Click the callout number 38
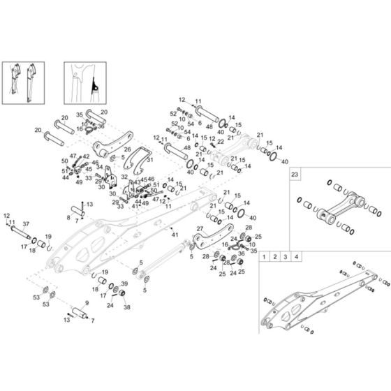[127, 307]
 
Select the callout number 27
[199, 230]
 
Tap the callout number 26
[126, 148]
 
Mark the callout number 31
[150, 160]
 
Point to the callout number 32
[124, 177]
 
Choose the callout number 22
[221, 142]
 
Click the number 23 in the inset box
[295, 172]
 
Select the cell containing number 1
[264, 258]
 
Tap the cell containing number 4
[297, 258]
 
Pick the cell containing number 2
[275, 258]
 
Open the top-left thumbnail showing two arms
[22, 82]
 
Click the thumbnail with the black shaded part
[83, 82]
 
